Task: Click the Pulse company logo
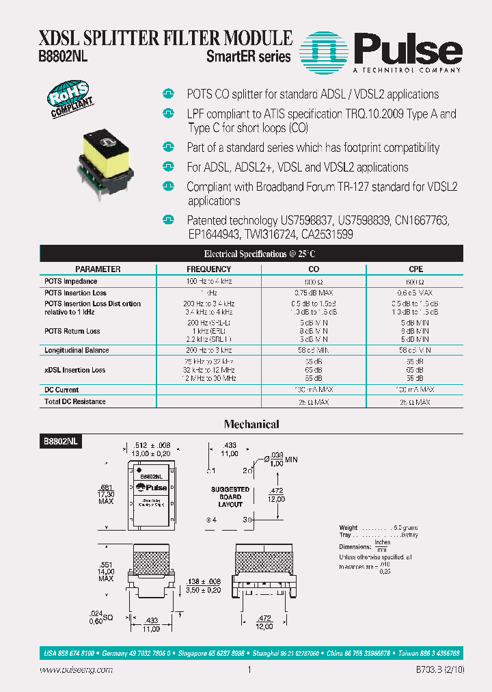383,51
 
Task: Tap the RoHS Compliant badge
68,101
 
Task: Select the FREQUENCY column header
209,269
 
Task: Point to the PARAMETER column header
98,269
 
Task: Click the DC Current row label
61,390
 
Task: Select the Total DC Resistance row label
75,402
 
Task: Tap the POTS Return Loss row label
72,331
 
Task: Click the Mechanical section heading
251,425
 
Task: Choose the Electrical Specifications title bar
251,254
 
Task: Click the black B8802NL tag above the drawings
61,442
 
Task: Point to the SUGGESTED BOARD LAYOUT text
230,497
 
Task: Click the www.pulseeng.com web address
77,670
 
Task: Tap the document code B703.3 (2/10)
439,670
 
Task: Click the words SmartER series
249,57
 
